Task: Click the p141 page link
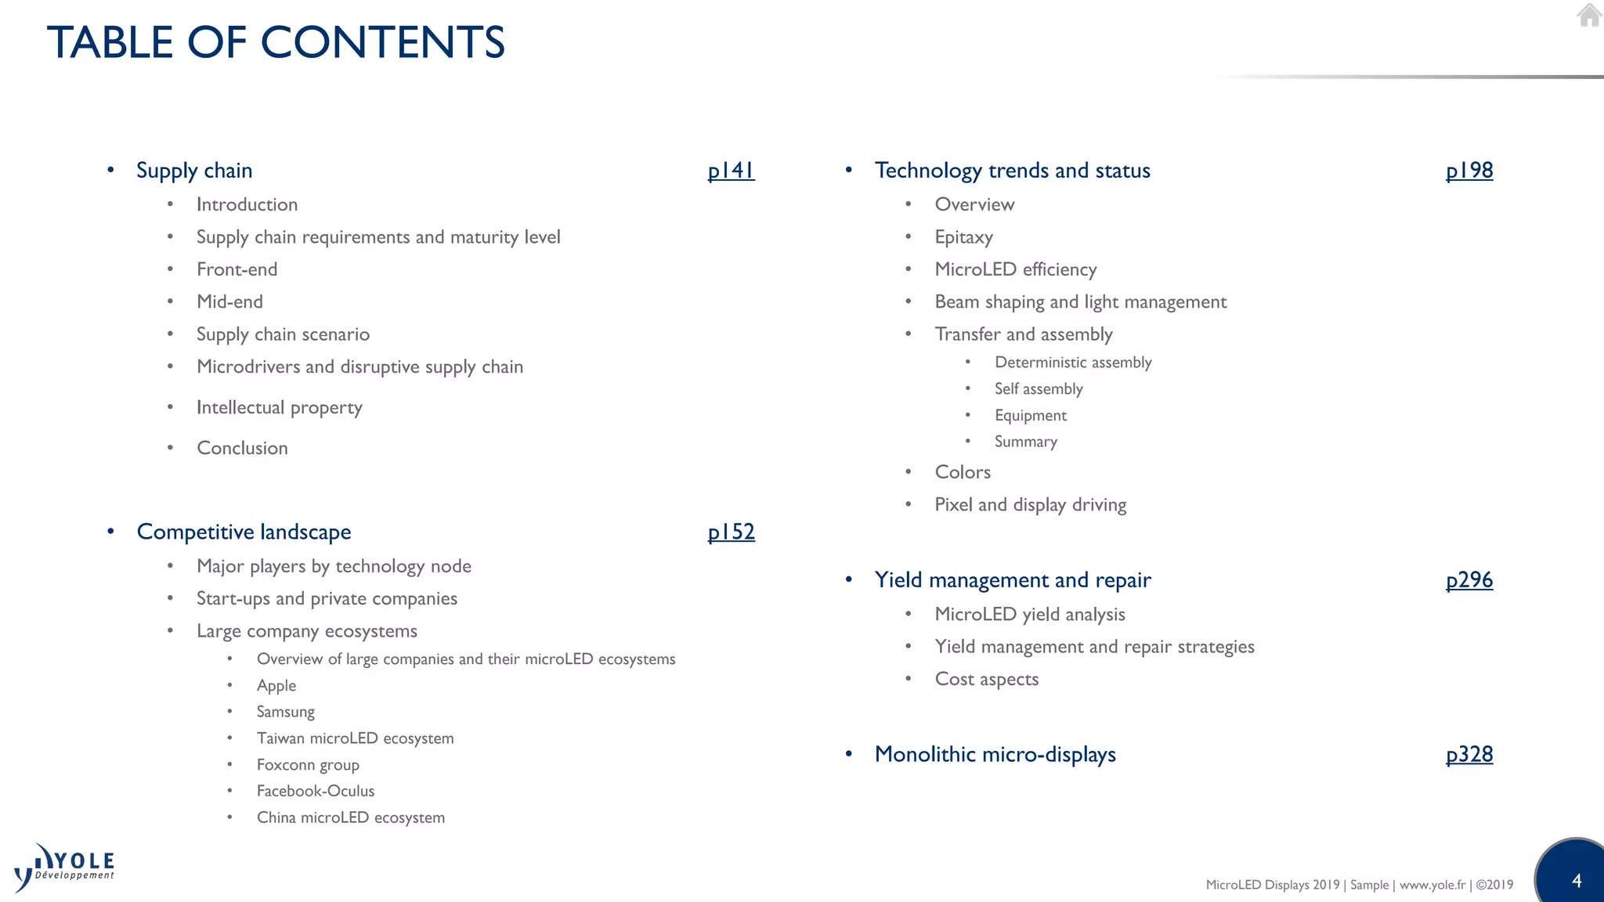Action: point(731,171)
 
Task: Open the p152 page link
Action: point(731,532)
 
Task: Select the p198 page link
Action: point(1469,171)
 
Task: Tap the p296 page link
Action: point(1469,580)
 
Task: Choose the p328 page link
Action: point(1469,755)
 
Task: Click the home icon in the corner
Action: point(1589,15)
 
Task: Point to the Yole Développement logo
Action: point(64,868)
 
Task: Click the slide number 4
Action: point(1577,881)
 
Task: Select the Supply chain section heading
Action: point(194,171)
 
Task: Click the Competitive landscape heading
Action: point(244,532)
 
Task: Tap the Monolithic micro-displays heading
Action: point(995,755)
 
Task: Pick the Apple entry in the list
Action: point(276,686)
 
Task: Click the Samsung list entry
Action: point(286,713)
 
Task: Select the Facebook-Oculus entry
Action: point(316,792)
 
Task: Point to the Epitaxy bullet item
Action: point(963,237)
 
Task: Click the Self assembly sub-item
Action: point(1039,389)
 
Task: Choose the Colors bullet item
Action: point(963,472)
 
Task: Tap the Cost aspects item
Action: point(987,680)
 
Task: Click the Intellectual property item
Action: point(280,408)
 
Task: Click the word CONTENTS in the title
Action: point(383,42)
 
